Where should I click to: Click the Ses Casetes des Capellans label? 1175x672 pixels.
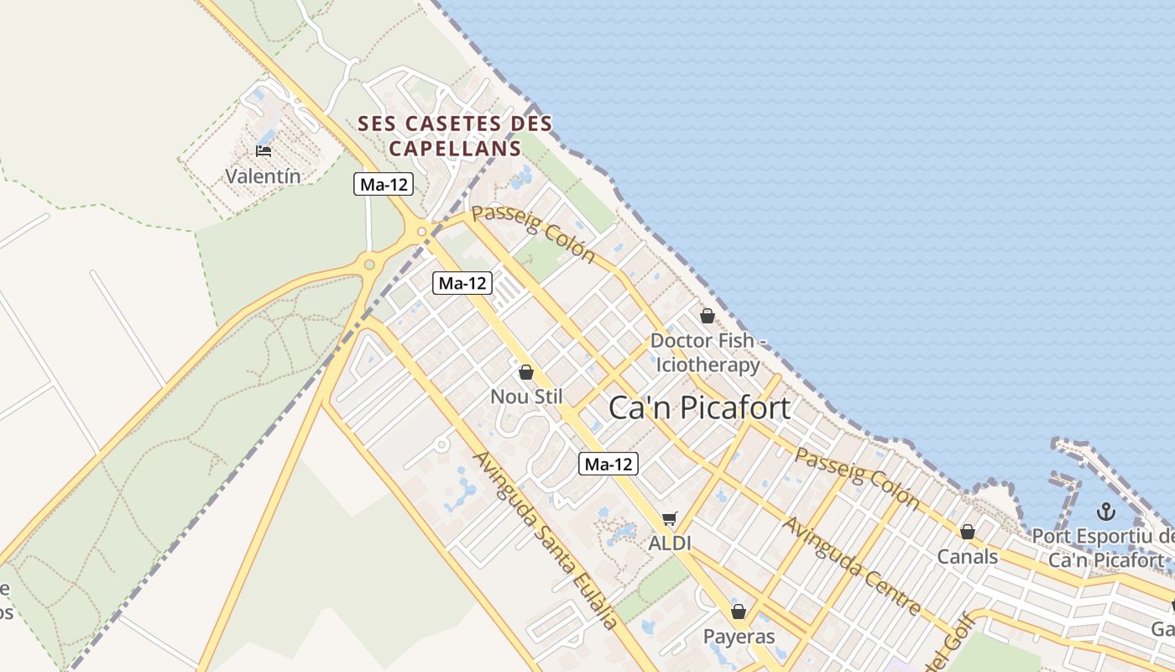455,136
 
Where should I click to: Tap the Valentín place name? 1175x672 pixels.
263,176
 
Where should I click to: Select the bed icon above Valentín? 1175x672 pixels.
264,151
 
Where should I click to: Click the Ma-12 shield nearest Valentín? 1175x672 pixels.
384,185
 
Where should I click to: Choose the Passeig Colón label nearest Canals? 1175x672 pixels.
857,476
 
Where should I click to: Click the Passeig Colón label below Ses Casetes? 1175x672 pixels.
533,234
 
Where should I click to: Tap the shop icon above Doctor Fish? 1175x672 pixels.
708,316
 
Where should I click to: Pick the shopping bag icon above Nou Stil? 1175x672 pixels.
526,371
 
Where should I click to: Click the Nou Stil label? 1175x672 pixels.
526,396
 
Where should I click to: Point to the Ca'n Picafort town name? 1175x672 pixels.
699,408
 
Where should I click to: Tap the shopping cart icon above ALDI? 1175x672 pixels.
669,519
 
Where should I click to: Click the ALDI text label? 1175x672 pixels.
670,543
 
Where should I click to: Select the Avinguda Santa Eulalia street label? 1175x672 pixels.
546,540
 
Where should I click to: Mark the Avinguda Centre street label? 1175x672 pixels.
852,564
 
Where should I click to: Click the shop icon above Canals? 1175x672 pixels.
968,532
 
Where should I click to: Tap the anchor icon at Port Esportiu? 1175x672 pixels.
1107,511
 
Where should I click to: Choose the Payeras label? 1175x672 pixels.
739,636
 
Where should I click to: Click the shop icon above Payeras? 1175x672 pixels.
739,612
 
